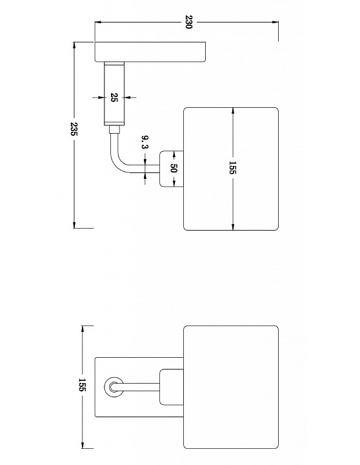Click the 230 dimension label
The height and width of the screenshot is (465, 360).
pos(188,22)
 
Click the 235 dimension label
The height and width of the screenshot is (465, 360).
pos(74,129)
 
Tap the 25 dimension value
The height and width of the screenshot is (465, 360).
pos(114,98)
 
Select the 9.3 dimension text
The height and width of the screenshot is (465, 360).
pos(145,142)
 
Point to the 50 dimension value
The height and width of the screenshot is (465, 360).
pos(174,168)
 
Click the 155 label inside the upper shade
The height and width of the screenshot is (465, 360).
pos(232,168)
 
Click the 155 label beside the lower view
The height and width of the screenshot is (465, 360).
pos(82,385)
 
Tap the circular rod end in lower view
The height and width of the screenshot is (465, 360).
pos(114,387)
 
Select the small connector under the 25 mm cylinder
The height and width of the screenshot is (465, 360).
pos(114,130)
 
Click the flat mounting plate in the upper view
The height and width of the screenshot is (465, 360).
pos(150,52)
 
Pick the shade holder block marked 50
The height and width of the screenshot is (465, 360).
pos(172,169)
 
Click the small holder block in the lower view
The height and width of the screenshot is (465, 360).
pos(172,387)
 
